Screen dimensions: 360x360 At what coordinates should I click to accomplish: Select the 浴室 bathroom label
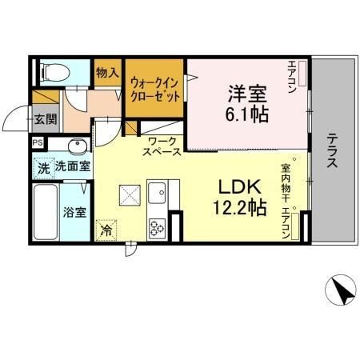[x=75, y=214]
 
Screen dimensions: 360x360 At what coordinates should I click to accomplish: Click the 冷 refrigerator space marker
[x=106, y=229]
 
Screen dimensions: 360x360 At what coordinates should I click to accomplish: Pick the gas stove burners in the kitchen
[x=155, y=226]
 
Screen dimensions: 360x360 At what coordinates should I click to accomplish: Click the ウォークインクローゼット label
[x=154, y=87]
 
